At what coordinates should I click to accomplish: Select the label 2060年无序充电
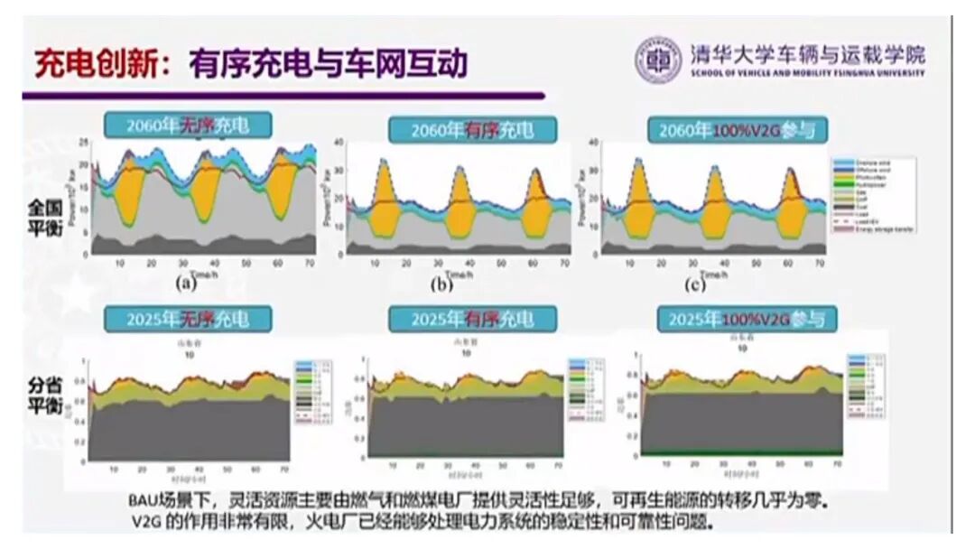(x=188, y=126)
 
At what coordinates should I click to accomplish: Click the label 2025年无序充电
(x=188, y=318)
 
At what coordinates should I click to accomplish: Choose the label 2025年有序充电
(x=472, y=319)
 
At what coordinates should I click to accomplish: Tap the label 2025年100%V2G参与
(x=746, y=319)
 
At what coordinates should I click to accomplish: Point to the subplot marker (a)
(x=186, y=283)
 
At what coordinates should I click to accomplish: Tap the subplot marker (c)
(x=695, y=285)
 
